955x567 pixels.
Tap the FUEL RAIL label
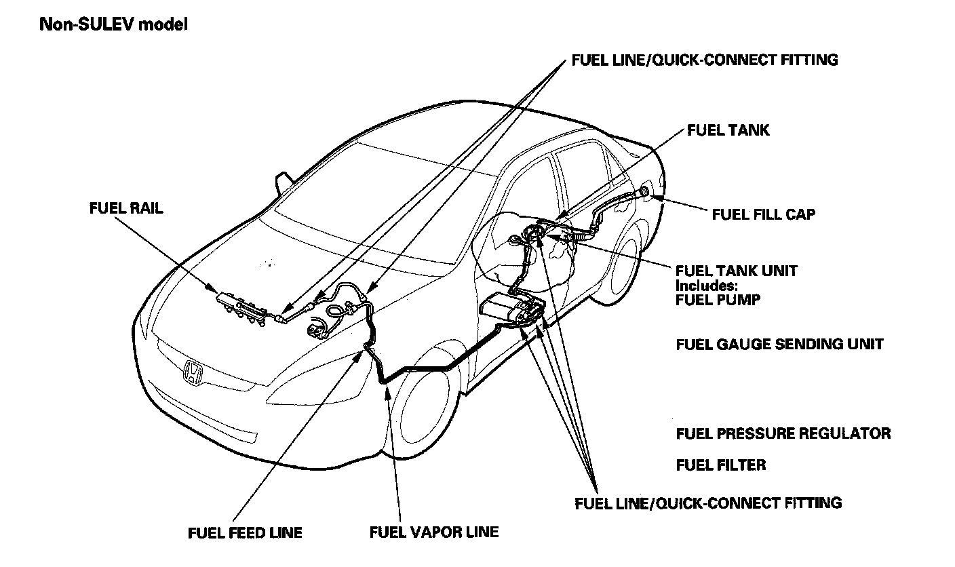(126, 208)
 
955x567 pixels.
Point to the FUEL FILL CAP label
(764, 214)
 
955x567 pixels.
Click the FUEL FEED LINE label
(245, 532)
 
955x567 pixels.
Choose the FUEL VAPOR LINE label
(434, 532)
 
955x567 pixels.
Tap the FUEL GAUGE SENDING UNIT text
(780, 344)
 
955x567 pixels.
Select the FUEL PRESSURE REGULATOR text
(783, 433)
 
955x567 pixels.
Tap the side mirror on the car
(281, 181)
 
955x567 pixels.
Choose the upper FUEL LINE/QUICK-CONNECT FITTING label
(705, 60)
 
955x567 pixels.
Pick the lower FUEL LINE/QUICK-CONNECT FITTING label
(708, 503)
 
